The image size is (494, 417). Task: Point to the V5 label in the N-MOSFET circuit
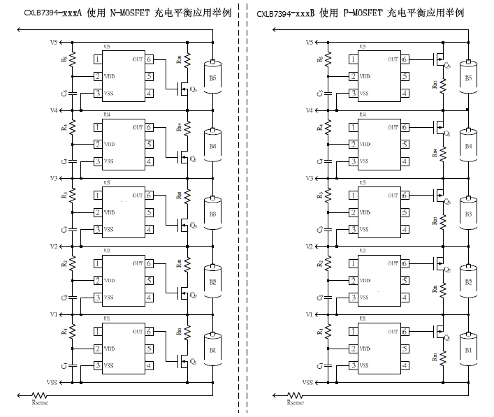coord(53,43)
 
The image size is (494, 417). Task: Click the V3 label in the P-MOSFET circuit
coord(309,179)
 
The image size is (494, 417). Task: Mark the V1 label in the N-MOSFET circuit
coord(53,314)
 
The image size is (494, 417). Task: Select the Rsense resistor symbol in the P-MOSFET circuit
coord(296,395)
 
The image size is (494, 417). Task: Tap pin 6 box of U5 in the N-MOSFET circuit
coord(150,59)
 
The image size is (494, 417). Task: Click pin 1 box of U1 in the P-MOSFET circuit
coord(354,331)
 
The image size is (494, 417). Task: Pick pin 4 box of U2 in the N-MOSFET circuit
coord(150,297)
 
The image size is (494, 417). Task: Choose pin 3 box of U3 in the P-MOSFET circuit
coord(354,229)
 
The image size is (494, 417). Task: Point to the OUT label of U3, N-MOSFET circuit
coord(138,196)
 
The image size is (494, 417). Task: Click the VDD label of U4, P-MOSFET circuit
coord(365,145)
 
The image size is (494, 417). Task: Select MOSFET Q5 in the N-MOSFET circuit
coord(185,89)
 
